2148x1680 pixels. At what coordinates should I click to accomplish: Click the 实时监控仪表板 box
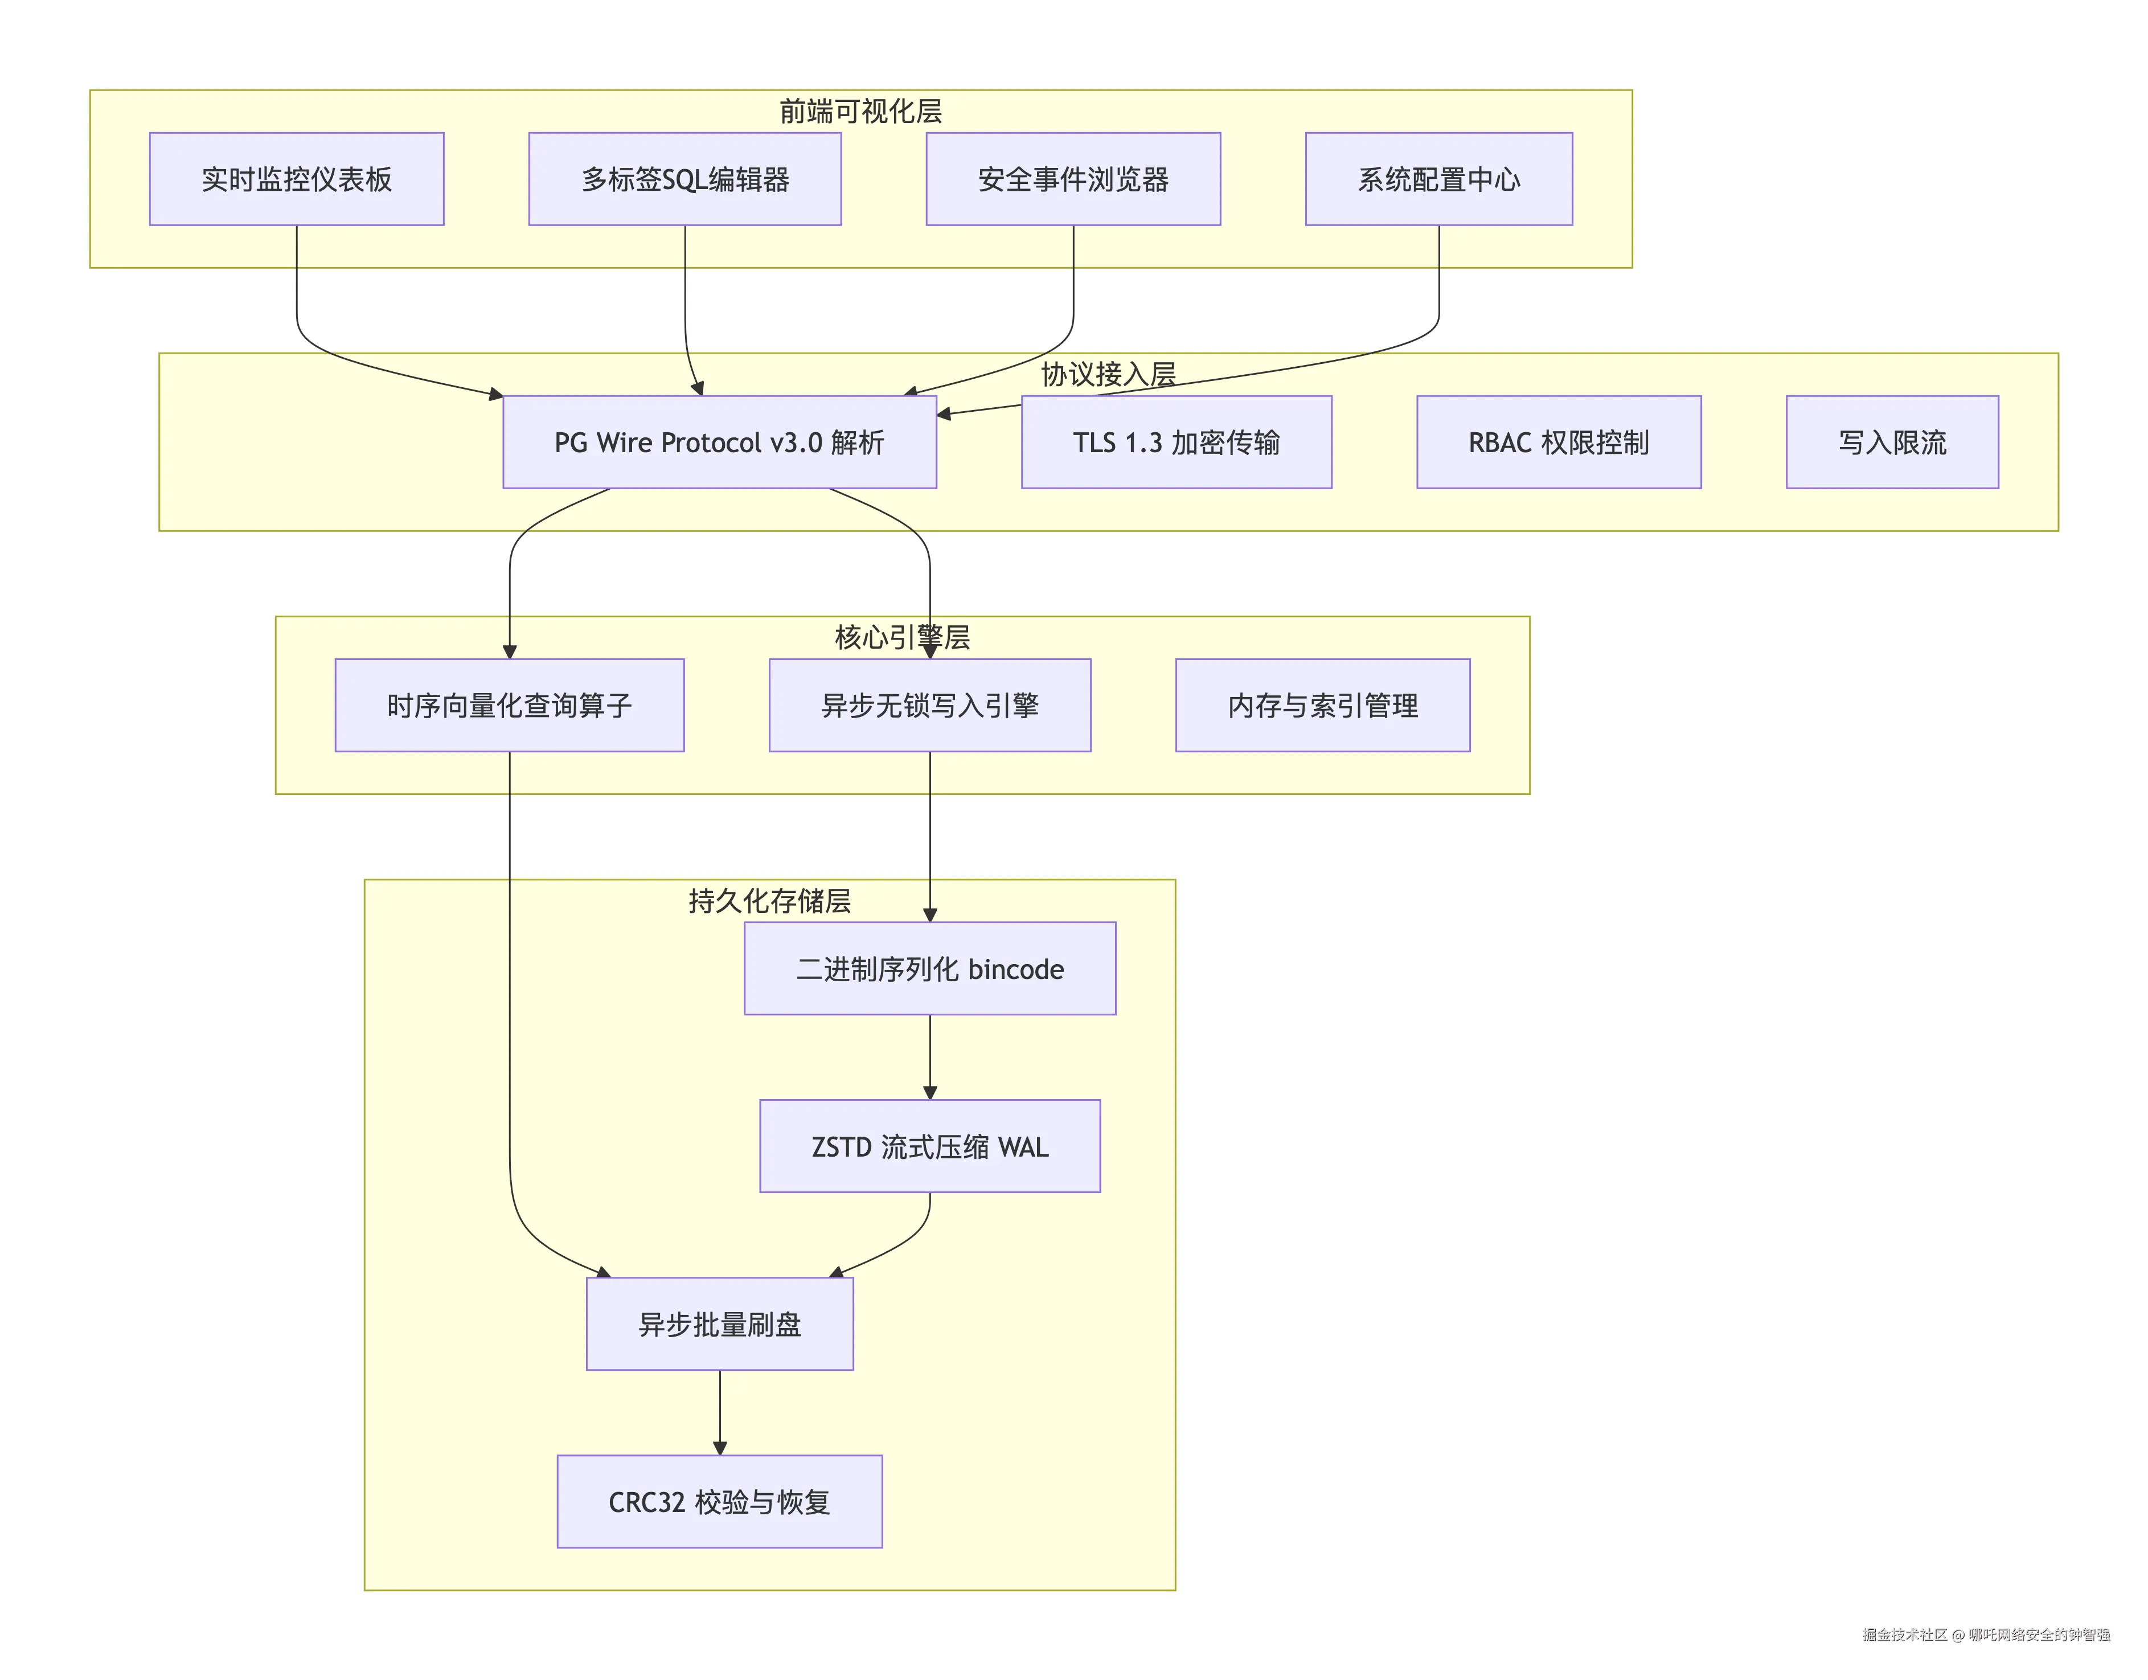click(296, 179)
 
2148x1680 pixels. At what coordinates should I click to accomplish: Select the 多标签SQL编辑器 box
click(684, 179)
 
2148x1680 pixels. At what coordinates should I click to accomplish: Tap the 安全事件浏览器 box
click(1073, 179)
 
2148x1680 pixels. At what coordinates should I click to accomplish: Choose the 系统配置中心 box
click(1439, 179)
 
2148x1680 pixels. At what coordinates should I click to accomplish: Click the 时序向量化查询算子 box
click(510, 705)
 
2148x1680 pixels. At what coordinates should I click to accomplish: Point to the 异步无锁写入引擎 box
click(929, 705)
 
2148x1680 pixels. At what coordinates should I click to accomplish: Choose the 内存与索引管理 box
click(1323, 705)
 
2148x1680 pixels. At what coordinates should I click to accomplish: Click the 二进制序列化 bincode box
click(929, 969)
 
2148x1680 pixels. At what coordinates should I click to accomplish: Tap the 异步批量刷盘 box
click(720, 1324)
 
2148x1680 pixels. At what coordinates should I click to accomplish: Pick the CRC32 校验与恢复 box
click(720, 1502)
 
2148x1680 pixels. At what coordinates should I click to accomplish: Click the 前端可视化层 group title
click(860, 111)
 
